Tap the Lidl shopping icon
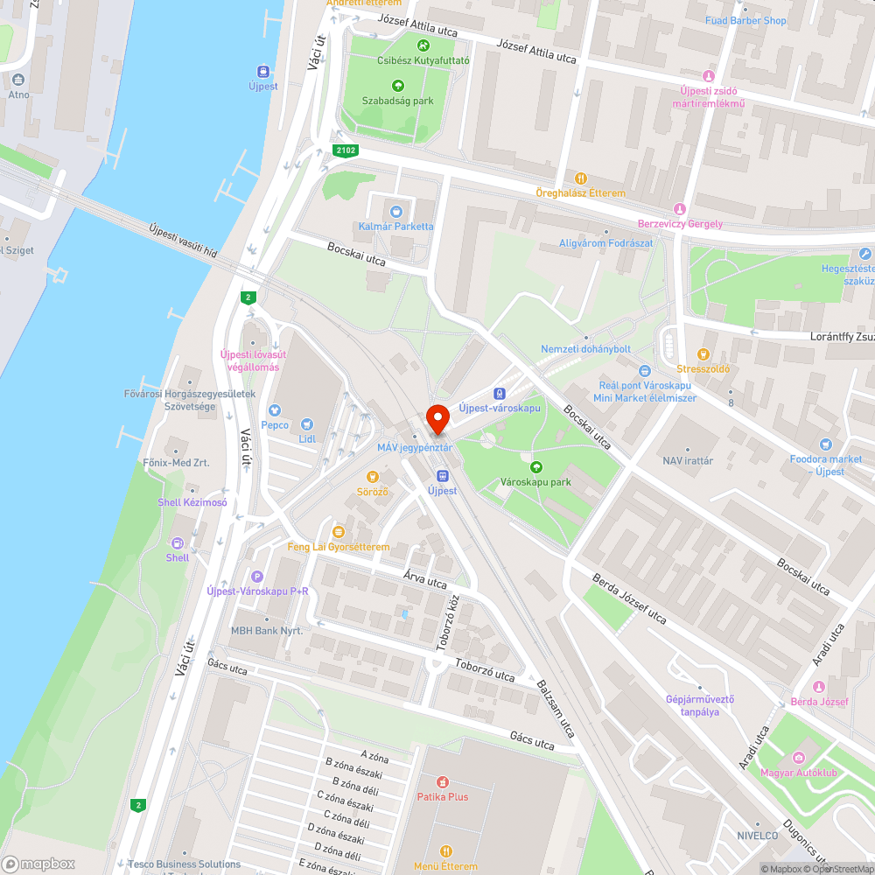[307, 424]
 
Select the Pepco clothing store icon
[274, 409]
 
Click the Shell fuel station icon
[178, 542]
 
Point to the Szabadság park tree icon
[398, 86]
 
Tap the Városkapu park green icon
[535, 467]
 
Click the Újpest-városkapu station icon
[500, 394]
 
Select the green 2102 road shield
[346, 150]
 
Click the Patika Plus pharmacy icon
[443, 781]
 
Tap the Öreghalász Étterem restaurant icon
[581, 178]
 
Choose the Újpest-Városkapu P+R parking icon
[256, 577]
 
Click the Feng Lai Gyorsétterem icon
[338, 532]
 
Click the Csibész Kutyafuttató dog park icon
[423, 45]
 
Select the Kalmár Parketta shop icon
[395, 211]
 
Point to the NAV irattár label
[687, 460]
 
